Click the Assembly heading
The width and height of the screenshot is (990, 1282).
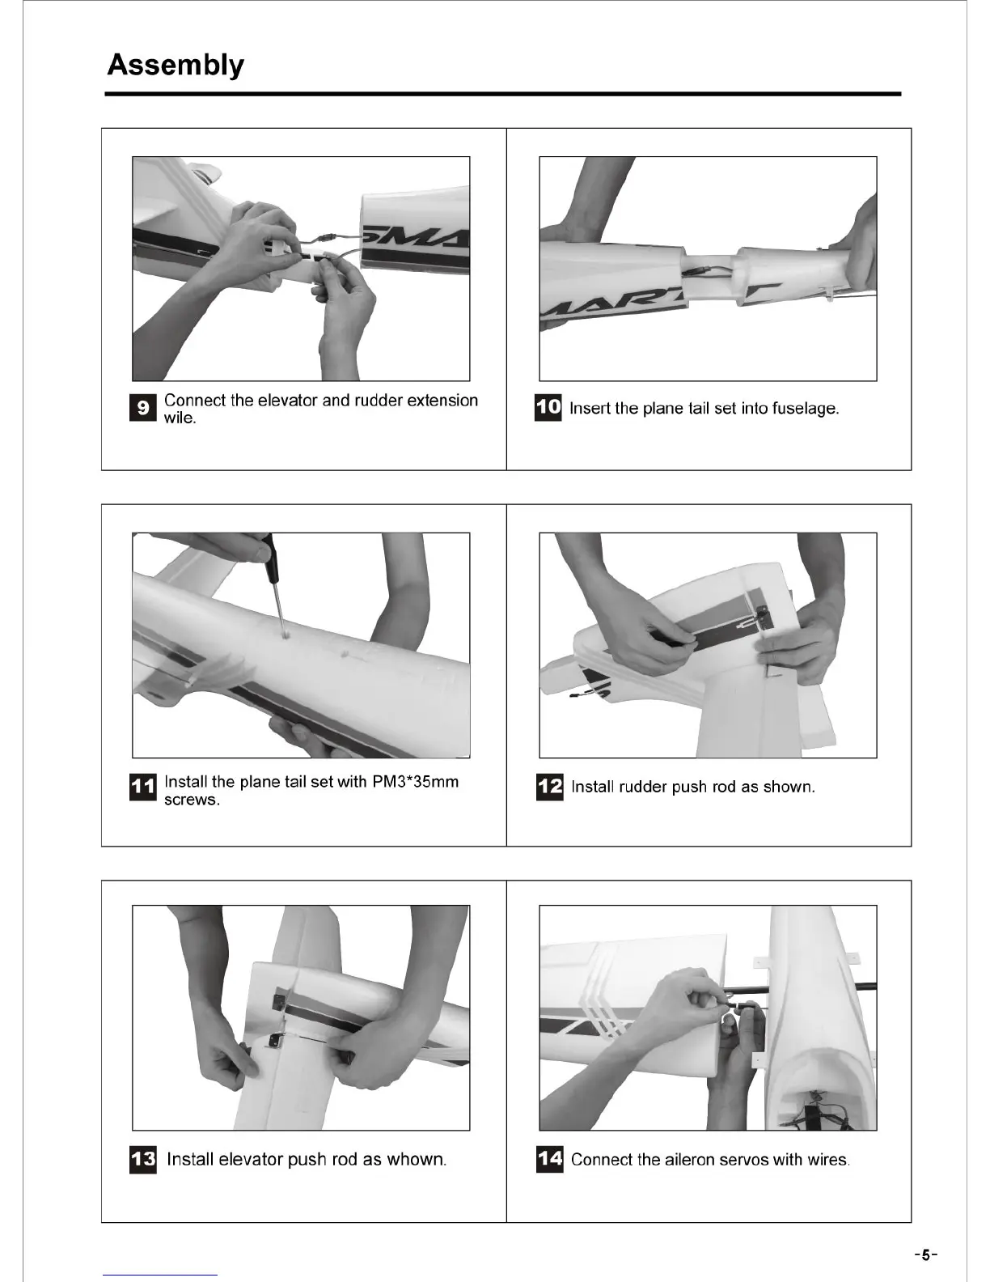pyautogui.click(x=176, y=66)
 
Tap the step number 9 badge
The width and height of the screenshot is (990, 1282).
pyautogui.click(x=142, y=408)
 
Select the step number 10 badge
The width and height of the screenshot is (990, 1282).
pyautogui.click(x=548, y=408)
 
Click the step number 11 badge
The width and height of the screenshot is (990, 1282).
pyautogui.click(x=142, y=787)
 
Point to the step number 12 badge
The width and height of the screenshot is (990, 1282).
pyautogui.click(x=549, y=787)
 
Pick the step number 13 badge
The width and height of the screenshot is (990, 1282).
pyautogui.click(x=142, y=1159)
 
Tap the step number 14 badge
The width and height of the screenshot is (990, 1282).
pyautogui.click(x=549, y=1159)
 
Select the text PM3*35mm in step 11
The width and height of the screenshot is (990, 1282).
pyautogui.click(x=415, y=782)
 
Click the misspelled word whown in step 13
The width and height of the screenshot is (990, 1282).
pyautogui.click(x=414, y=1160)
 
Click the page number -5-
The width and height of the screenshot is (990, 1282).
pyautogui.click(x=926, y=1255)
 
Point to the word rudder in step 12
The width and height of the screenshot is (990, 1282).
pyautogui.click(x=643, y=787)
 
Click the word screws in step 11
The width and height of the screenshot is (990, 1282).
pyautogui.click(x=190, y=800)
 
